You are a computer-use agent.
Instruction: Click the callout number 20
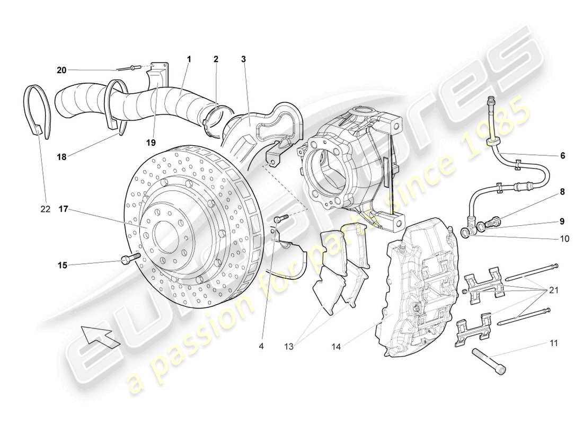[x=62, y=69]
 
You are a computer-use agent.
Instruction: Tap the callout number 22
[x=45, y=209]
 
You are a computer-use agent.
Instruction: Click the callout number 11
[x=553, y=343]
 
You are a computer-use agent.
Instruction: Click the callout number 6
[x=562, y=155]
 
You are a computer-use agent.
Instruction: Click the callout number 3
[x=243, y=60]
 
